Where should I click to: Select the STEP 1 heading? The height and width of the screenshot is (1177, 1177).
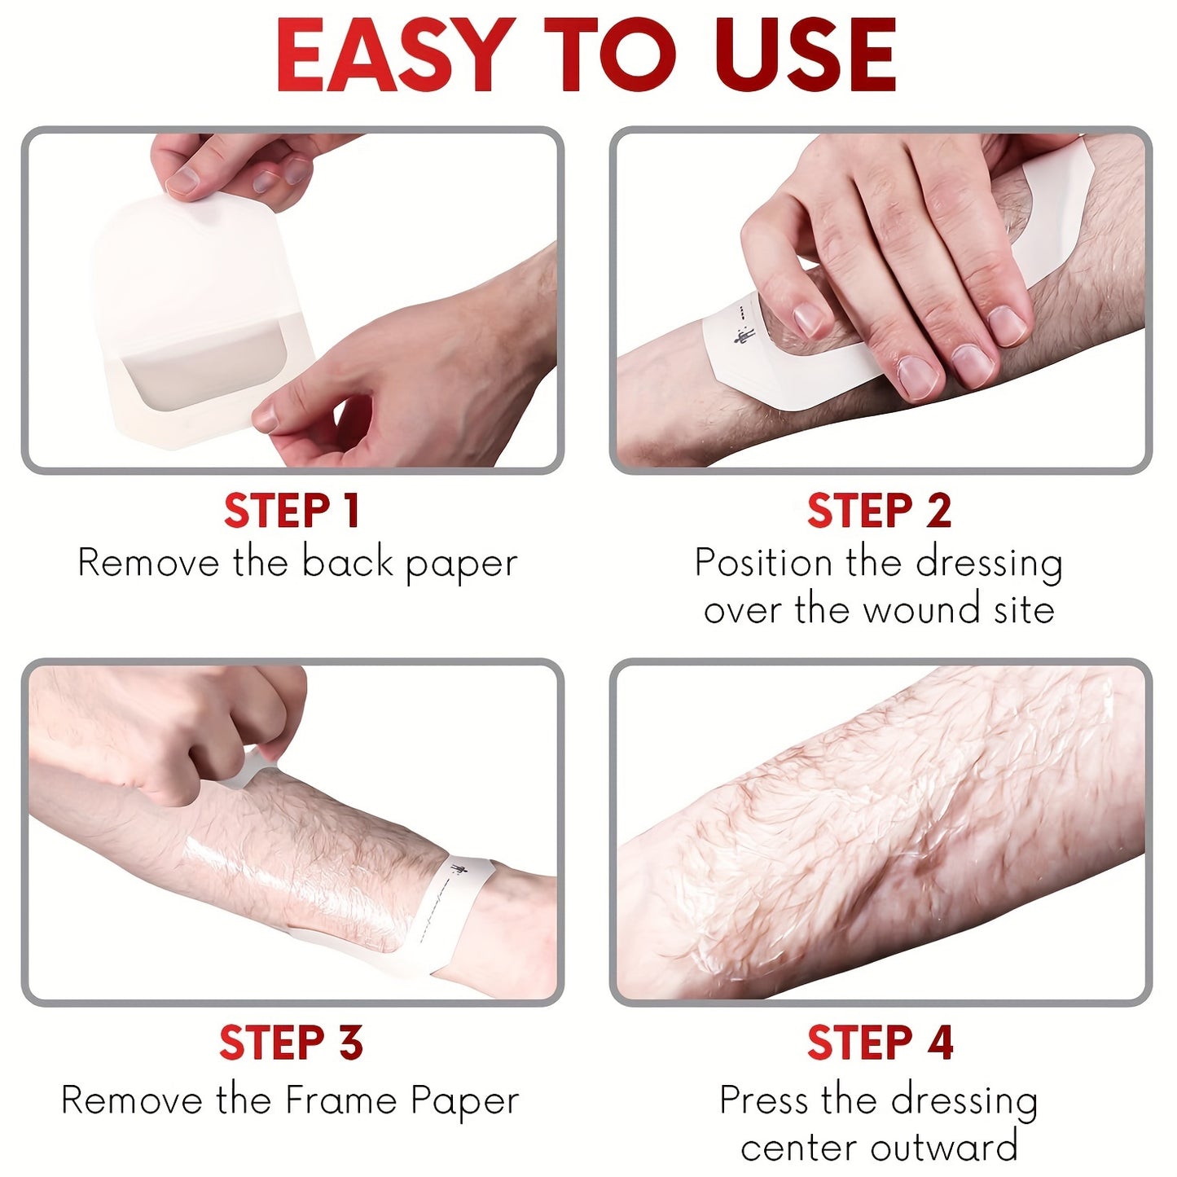tap(292, 511)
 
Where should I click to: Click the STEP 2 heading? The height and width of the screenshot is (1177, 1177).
tap(880, 511)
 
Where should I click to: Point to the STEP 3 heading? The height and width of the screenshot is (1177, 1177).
tap(292, 1042)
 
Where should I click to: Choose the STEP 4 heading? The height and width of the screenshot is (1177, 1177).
tap(881, 1042)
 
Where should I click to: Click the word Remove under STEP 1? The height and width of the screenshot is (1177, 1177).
tap(148, 563)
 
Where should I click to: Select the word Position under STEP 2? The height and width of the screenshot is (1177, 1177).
tap(764, 563)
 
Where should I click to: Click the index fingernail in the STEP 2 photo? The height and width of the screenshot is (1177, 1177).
tap(810, 320)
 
